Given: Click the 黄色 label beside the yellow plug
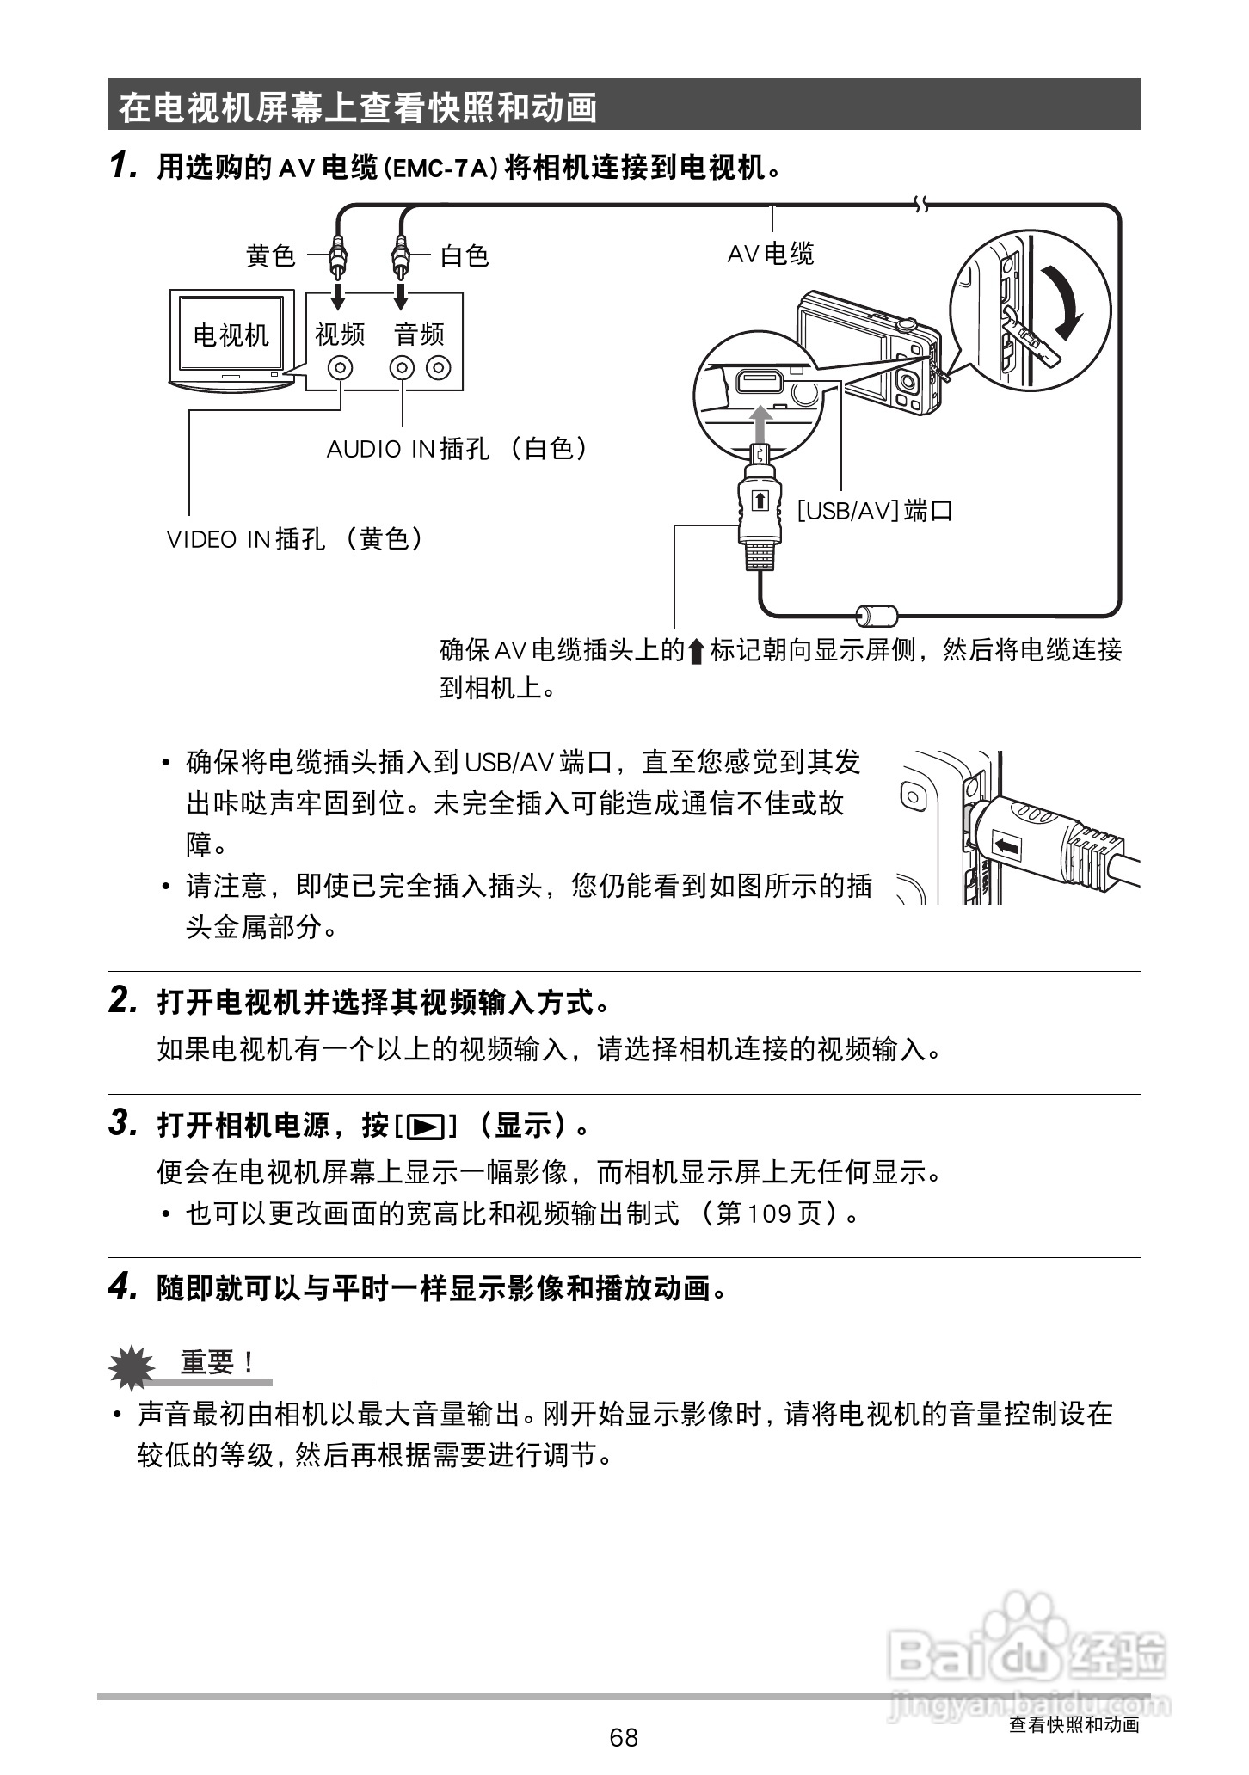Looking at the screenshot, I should point(270,255).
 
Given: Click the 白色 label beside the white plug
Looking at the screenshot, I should point(465,255).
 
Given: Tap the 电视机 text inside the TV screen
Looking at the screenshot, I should point(231,335).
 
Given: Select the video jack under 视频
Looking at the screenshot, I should point(341,368).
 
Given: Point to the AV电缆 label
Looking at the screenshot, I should point(770,254).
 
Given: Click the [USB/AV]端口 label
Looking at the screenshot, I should point(874,511).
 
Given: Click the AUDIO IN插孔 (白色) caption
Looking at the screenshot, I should point(457,448).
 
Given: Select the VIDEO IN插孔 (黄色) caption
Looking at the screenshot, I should point(295,539).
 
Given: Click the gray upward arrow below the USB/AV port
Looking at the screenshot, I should point(760,423).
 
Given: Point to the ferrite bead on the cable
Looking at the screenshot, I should point(877,614).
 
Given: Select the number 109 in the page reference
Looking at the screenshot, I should point(768,1213).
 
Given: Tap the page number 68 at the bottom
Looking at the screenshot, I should point(624,1737).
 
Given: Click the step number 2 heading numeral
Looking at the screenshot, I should point(121,1000).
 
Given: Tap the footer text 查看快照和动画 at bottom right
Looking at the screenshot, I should point(1074,1723).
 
